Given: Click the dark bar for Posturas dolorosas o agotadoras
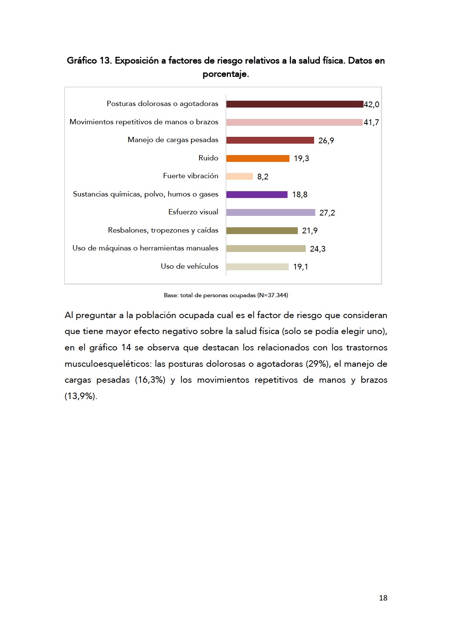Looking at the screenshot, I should [x=294, y=104].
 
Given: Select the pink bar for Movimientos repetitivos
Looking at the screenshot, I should [x=294, y=122].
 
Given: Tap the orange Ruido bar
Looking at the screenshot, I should [x=258, y=158].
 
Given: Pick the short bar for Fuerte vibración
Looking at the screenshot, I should [x=239, y=176].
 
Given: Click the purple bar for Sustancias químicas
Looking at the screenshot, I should [x=257, y=195].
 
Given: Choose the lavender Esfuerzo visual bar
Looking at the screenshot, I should [x=270, y=212].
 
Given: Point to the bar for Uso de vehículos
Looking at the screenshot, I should [x=257, y=267].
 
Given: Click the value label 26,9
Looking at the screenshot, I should [x=326, y=141].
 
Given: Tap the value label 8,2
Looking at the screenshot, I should [x=263, y=177].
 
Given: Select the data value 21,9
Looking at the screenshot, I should [x=310, y=231].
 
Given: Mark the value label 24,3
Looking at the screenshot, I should [x=318, y=249].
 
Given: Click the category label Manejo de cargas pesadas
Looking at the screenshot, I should [x=173, y=140].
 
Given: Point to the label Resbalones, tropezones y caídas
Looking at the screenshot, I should [x=163, y=230].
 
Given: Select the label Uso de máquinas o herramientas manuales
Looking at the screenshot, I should [x=145, y=248].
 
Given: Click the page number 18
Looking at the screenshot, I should [x=383, y=598].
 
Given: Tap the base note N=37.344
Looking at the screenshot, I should [x=272, y=295].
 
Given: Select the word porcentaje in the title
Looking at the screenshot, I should [x=225, y=74].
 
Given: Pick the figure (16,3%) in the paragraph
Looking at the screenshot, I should [x=150, y=380].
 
